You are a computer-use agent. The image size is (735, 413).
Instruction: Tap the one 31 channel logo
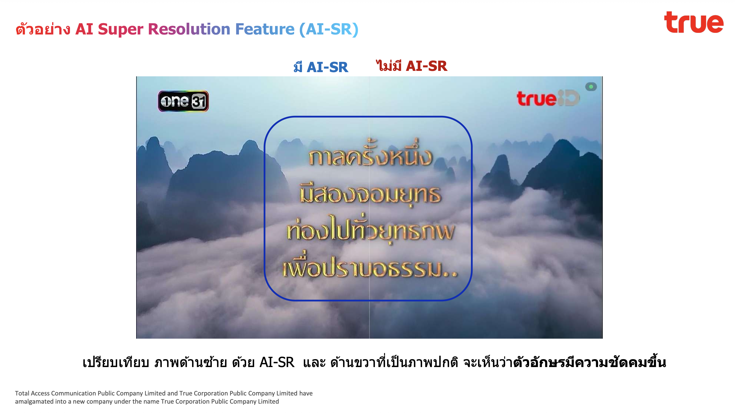click(x=183, y=101)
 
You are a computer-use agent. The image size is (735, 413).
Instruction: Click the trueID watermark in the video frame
click(x=548, y=98)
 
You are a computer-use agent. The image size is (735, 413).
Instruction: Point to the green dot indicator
click(x=591, y=86)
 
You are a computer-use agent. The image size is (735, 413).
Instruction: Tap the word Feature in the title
click(x=265, y=29)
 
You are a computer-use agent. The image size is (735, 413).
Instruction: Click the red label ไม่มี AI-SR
click(x=411, y=66)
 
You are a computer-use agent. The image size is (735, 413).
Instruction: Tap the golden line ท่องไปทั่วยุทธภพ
click(x=370, y=229)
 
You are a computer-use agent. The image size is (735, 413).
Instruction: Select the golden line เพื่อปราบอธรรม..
click(x=370, y=265)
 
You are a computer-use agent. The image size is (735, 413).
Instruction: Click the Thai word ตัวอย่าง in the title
click(x=43, y=29)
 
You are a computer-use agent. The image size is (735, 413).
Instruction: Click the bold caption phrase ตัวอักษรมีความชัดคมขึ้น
click(x=589, y=362)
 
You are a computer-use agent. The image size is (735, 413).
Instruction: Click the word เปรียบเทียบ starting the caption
click(x=116, y=362)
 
